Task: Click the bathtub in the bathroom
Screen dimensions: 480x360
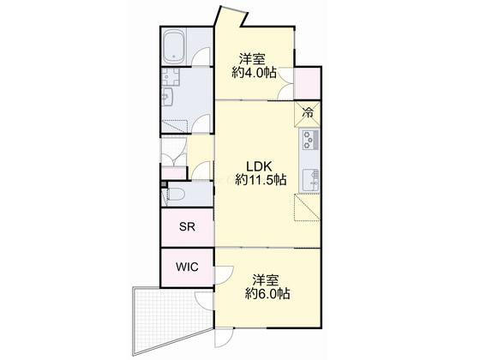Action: pos(173,46)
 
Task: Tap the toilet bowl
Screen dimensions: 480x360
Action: pos(176,194)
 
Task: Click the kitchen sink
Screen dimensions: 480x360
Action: pos(310,180)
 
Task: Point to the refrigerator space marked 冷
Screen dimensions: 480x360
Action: pos(307,113)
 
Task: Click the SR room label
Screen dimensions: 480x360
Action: pos(187,227)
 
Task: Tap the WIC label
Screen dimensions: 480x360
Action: pos(187,267)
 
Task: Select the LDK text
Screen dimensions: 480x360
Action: pos(259,166)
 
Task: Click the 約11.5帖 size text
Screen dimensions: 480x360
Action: pos(261,180)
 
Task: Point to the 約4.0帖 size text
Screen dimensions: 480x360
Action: pos(254,73)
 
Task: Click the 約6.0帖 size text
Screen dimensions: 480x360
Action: pos(267,294)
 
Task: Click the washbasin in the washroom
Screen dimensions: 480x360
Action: pos(167,97)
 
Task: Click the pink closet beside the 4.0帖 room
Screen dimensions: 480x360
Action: pos(307,83)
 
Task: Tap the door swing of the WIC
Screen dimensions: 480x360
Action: pos(225,275)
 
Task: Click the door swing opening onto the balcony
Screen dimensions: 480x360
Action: pos(204,301)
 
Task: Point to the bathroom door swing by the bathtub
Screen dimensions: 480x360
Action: pos(201,56)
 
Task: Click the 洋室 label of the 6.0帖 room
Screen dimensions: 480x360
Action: pos(266,280)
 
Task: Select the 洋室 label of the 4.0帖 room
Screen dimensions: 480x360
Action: pos(252,59)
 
